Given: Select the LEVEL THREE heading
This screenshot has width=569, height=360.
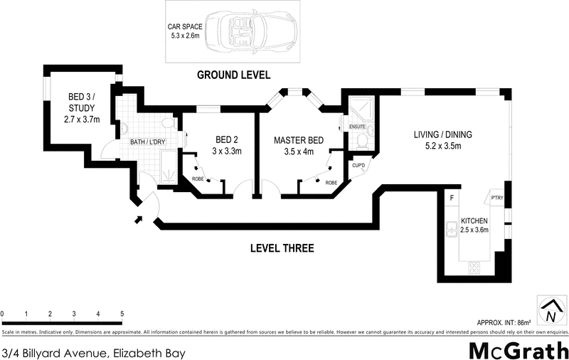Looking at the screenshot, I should (x=282, y=248).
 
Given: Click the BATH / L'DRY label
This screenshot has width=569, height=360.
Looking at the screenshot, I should (x=147, y=142).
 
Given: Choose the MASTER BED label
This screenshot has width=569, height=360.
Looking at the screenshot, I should (x=298, y=146).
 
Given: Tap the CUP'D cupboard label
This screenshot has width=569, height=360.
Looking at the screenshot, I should (x=358, y=166).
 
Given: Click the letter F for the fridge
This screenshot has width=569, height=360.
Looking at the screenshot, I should (x=450, y=197).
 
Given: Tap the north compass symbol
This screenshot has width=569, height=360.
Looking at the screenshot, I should (x=550, y=311).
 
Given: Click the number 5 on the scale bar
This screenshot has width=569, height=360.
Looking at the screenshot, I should (x=122, y=314).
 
